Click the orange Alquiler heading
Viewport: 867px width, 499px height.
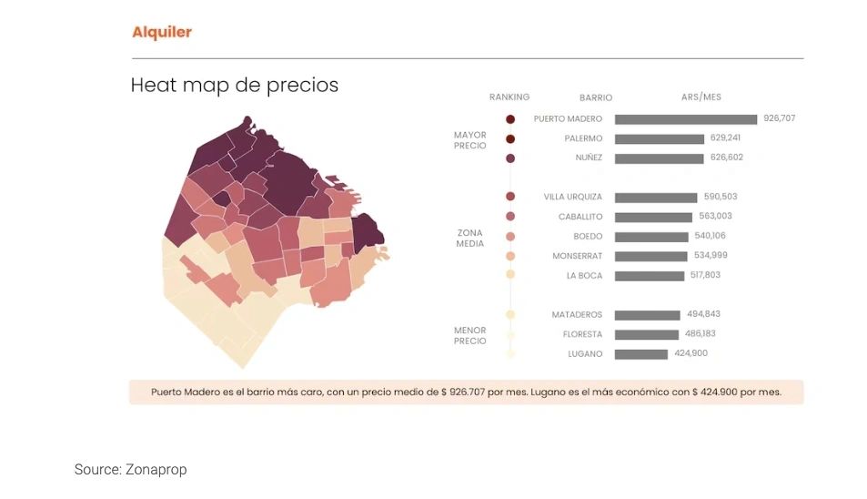[x=161, y=33]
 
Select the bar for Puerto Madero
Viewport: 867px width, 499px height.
[x=685, y=119]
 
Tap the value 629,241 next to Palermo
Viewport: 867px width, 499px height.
[x=728, y=138]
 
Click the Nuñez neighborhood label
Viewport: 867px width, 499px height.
[x=588, y=158]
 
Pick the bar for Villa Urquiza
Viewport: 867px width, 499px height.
[x=655, y=198]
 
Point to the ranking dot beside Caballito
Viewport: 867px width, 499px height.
[x=510, y=217]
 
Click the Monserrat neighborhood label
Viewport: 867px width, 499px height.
[x=575, y=256]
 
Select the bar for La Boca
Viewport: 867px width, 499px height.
[x=649, y=276]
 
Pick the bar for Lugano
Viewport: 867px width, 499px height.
[x=640, y=354]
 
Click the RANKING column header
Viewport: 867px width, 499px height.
[x=509, y=97]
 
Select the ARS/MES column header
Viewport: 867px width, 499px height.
[x=701, y=97]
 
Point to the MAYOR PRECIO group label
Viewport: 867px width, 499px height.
[x=470, y=140]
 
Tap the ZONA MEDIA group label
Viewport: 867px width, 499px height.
[x=469, y=238]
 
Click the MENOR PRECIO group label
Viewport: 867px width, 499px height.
[x=469, y=336]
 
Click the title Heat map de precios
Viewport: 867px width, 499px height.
[x=234, y=86]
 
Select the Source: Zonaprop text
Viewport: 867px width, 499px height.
[x=130, y=470]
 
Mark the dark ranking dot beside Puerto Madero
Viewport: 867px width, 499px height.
[x=510, y=119]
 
